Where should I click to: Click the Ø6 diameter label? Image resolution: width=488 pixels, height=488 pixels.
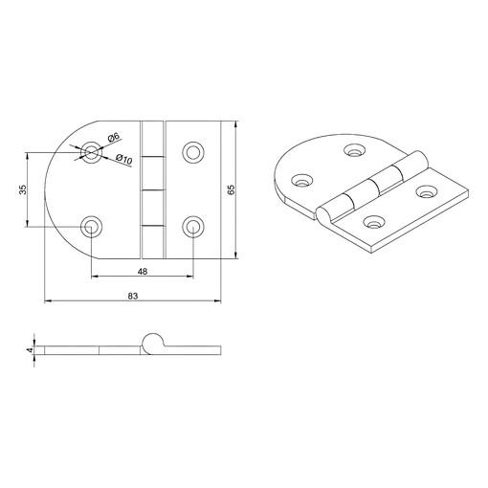[x=114, y=138]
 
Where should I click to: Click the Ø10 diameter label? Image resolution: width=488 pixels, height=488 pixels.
[x=123, y=159]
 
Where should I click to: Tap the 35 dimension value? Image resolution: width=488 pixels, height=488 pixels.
[x=23, y=189]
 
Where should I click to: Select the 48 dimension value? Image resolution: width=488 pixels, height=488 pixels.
[x=143, y=272]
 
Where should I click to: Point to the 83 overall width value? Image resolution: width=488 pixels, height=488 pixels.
[x=133, y=296]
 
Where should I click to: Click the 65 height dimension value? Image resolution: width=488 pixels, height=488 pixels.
[x=232, y=189]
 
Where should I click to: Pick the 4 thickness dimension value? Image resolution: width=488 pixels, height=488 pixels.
[x=31, y=350]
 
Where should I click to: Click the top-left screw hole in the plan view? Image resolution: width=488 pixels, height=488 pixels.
[x=92, y=152]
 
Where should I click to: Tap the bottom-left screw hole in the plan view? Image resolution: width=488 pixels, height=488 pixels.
[x=92, y=227]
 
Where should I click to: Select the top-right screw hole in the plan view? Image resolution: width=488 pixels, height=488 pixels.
[x=193, y=152]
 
